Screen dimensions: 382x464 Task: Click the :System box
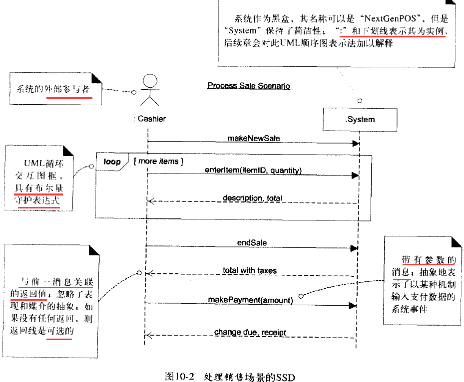360,119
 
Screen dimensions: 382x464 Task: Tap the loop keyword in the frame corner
112,162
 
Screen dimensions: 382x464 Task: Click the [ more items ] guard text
158,162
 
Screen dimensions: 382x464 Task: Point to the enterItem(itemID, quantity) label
253,170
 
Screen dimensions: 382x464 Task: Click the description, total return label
252,198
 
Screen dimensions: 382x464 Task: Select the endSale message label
252,243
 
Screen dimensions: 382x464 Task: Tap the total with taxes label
250,271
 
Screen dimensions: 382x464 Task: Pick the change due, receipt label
250,332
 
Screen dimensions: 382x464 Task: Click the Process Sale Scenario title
249,86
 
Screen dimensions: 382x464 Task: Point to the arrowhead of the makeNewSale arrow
356,144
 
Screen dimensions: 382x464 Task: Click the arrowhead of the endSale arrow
355,248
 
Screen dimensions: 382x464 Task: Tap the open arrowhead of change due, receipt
148,335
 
